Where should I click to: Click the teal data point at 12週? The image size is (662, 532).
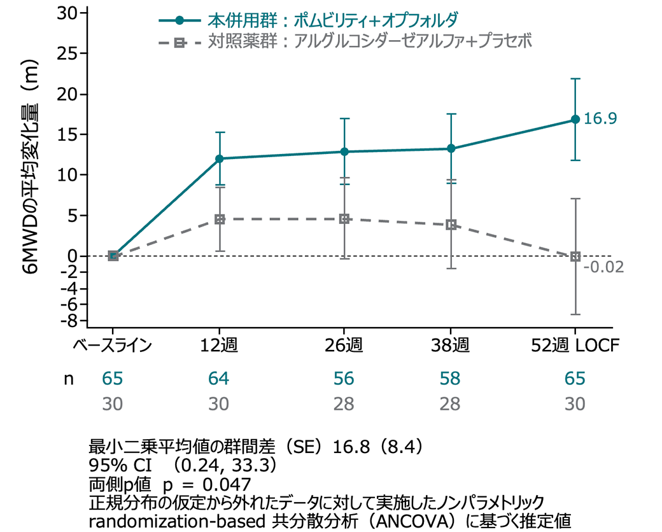pyautogui.click(x=220, y=158)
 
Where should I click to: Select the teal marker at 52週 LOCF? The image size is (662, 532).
pyautogui.click(x=575, y=120)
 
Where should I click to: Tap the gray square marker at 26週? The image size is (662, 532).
pyautogui.click(x=344, y=219)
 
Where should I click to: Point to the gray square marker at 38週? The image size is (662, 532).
pyautogui.click(x=451, y=225)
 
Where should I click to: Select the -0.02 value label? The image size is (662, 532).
pyautogui.click(x=602, y=266)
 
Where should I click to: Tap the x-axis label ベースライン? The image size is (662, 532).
pyautogui.click(x=112, y=346)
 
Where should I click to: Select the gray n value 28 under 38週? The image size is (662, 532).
pyautogui.click(x=451, y=405)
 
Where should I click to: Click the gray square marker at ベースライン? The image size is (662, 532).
pyautogui.click(x=113, y=256)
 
